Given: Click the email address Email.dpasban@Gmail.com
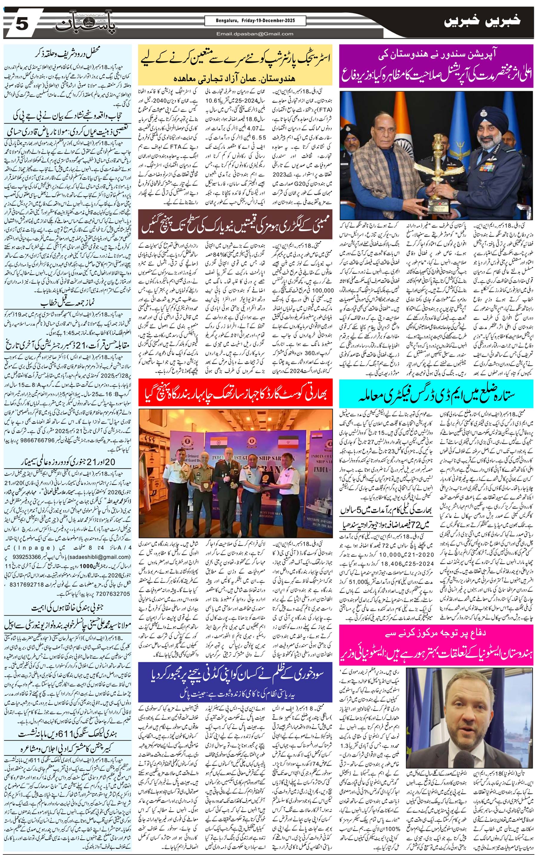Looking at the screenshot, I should [255, 34].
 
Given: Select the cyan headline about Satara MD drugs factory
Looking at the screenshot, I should [436, 394].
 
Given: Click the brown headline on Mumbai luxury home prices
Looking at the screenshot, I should [235, 224].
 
